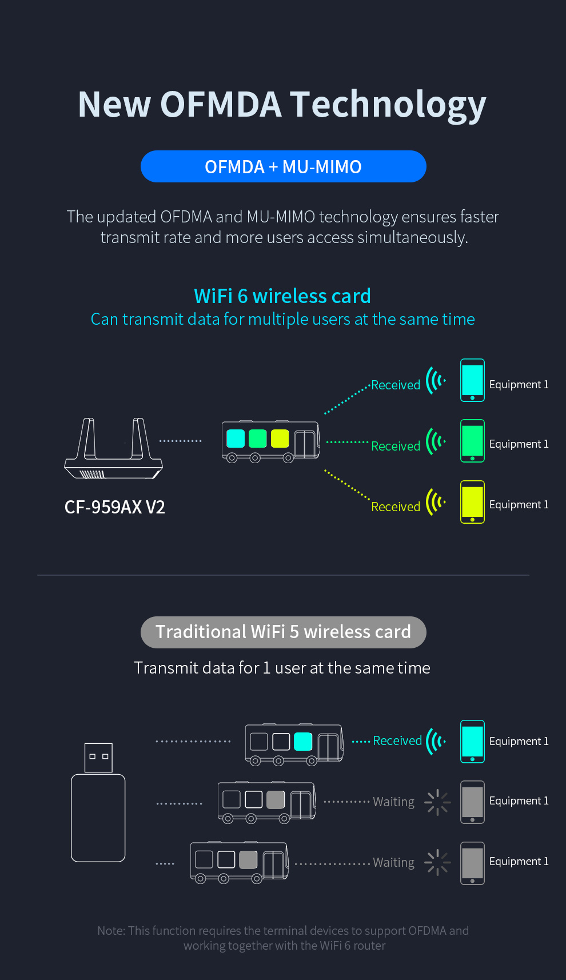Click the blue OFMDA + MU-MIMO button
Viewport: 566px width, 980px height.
283,166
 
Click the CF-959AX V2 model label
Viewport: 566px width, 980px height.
114,507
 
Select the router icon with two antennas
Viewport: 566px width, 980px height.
114,449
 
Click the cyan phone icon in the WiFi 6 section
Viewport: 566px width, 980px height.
472,380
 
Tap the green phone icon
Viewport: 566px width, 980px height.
472,441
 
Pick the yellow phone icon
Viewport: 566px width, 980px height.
472,502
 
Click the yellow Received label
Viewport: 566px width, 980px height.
396,507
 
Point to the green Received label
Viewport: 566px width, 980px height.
396,446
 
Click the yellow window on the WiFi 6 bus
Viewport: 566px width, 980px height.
280,439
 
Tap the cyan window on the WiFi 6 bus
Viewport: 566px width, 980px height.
236,439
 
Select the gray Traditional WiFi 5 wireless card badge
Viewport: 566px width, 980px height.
283,632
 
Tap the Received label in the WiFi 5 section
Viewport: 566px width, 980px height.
397,741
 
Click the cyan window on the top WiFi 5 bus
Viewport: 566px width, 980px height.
302,742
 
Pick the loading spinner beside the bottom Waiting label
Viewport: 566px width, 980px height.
437,862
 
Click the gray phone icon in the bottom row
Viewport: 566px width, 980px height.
472,863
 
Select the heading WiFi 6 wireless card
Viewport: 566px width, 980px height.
282,296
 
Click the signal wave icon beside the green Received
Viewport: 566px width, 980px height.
435,441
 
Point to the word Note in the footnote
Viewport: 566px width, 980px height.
110,931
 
